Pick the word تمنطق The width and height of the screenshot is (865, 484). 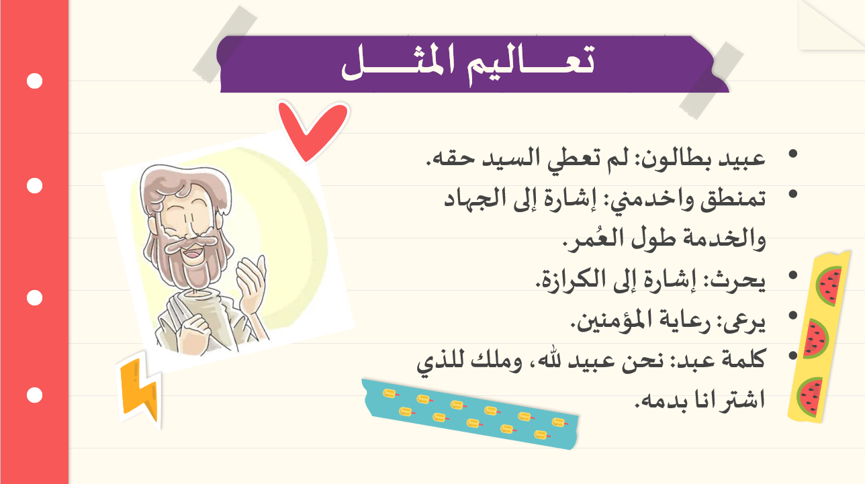pyautogui.click(x=733, y=199)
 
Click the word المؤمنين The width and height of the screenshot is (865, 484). pyautogui.click(x=608, y=320)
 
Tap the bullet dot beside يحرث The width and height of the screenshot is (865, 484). pyautogui.click(x=792, y=275)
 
